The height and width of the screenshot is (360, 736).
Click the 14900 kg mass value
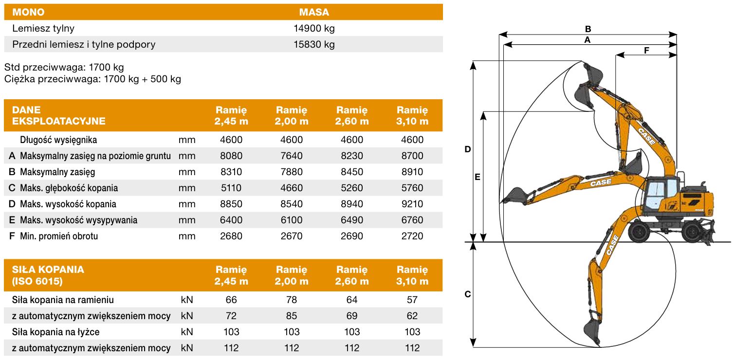tap(314, 28)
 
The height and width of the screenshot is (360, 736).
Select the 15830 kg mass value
tap(314, 44)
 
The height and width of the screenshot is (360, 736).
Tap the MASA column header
tap(314, 12)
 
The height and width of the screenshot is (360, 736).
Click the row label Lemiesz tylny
tap(43, 29)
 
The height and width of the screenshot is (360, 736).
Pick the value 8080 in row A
tap(231, 156)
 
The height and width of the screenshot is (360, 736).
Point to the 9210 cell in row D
tap(412, 204)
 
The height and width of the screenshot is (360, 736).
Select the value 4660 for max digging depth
tap(292, 188)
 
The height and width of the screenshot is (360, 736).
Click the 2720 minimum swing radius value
tap(412, 236)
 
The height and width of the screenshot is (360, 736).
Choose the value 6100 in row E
tap(292, 220)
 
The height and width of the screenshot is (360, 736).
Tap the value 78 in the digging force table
tap(292, 300)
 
